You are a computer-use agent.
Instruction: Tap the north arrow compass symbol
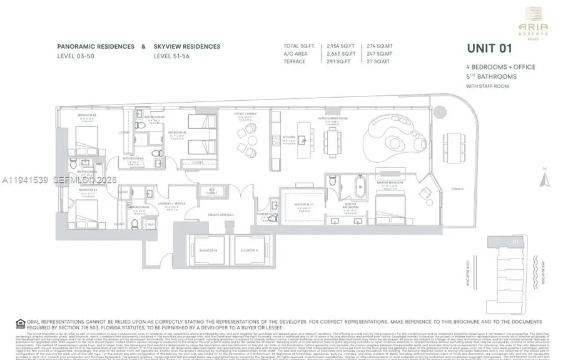(x=546, y=180)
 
